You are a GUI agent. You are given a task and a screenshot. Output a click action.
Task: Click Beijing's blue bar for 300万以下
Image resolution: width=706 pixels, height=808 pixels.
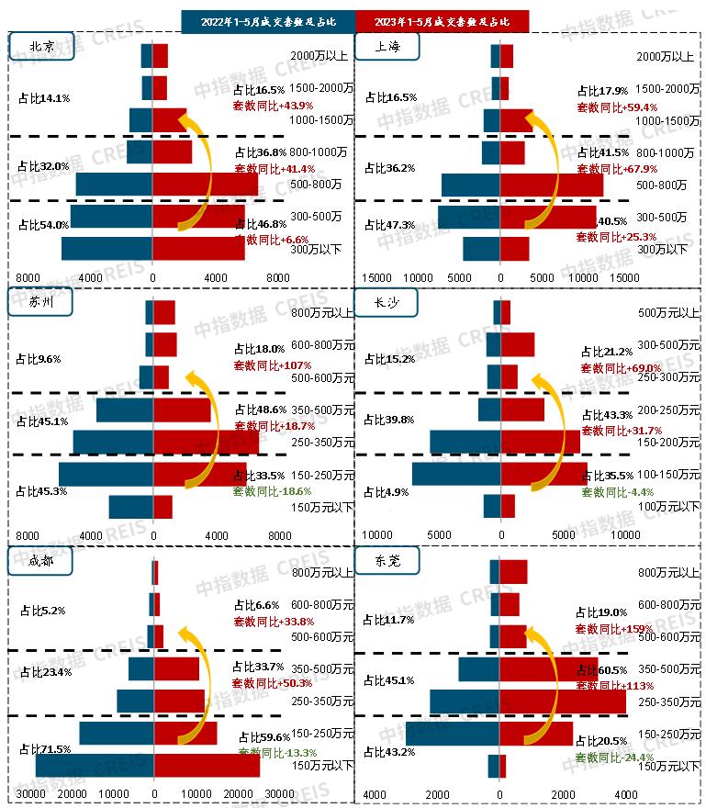[106, 249]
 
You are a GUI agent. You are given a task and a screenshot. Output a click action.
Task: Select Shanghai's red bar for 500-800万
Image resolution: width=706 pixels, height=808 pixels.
[552, 185]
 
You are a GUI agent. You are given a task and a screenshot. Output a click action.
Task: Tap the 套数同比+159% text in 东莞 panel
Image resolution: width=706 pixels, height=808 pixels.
[614, 629]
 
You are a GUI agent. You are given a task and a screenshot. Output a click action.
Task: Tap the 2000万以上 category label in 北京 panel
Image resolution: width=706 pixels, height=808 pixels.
[317, 56]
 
